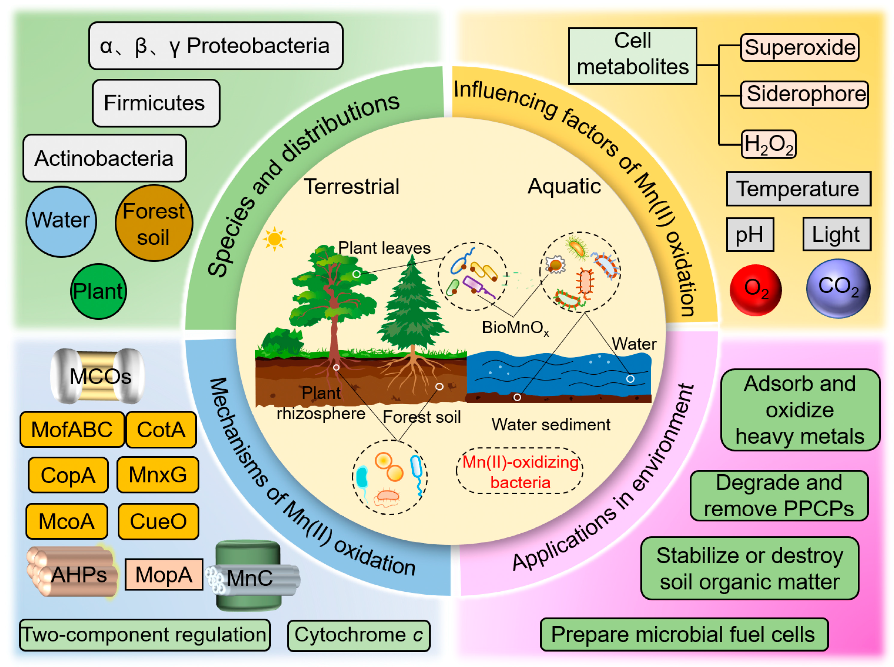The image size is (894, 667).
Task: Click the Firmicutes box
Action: (x=156, y=103)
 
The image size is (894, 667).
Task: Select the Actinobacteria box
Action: (x=104, y=158)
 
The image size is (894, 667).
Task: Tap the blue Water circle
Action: (x=61, y=221)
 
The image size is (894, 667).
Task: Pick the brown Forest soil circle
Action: (x=154, y=223)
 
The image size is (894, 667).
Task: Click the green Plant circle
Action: (x=98, y=291)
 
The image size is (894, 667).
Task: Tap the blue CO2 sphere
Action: (x=838, y=288)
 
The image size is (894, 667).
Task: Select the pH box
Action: (x=750, y=234)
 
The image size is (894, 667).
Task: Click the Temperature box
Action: (x=798, y=189)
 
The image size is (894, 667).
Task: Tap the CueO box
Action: (x=158, y=521)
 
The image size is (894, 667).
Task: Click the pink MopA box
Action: (x=164, y=575)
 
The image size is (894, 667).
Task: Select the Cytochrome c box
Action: (x=358, y=635)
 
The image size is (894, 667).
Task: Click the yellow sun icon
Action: (x=275, y=239)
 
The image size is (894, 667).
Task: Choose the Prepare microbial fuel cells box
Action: (x=683, y=634)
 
